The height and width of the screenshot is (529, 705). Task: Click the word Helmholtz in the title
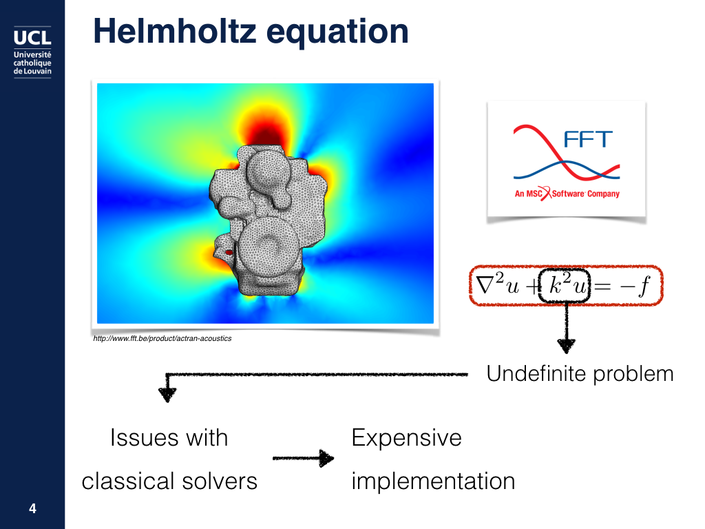click(175, 31)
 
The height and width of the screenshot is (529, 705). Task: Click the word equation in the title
click(337, 33)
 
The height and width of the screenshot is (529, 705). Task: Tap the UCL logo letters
click(32, 37)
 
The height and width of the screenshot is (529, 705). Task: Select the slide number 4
click(32, 508)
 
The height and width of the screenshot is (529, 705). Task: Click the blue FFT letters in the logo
click(588, 139)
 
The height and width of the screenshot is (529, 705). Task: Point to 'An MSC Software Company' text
click(567, 194)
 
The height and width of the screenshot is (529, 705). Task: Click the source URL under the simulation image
click(162, 338)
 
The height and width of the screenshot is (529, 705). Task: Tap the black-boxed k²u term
click(565, 285)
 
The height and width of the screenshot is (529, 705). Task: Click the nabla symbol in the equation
click(485, 284)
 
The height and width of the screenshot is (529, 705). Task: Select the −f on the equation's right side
click(635, 286)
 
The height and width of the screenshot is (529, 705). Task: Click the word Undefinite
click(537, 373)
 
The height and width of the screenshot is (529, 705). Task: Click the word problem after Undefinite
click(633, 375)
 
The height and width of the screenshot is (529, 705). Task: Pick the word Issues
click(145, 437)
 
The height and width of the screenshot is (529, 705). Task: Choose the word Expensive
click(406, 438)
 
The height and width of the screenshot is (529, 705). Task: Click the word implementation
click(434, 481)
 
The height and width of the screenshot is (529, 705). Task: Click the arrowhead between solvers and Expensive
click(326, 458)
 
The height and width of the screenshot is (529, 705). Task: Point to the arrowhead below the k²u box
click(566, 346)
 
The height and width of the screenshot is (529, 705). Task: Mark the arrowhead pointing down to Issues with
click(167, 395)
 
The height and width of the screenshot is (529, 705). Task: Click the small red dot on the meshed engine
click(229, 252)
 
